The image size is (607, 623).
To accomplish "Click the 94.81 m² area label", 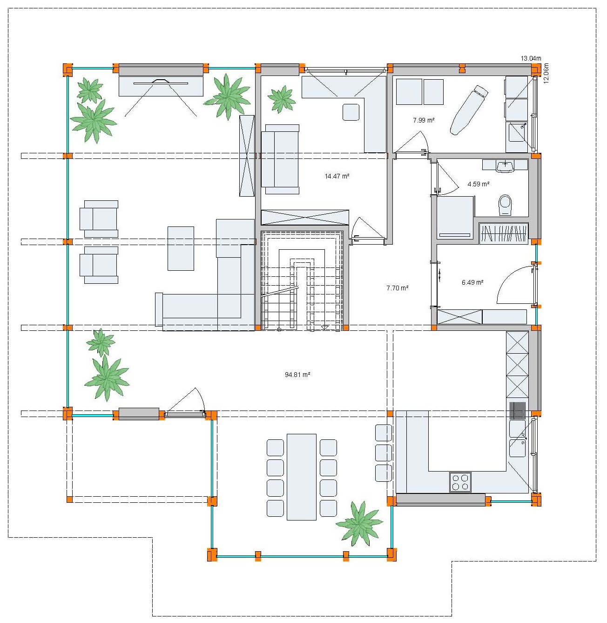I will pyautogui.click(x=297, y=375).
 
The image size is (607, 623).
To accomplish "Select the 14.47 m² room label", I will pyautogui.click(x=337, y=176).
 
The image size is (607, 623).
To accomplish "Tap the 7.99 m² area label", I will pyautogui.click(x=424, y=120).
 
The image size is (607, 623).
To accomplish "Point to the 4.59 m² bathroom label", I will pyautogui.click(x=478, y=184).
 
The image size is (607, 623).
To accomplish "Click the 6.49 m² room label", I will pyautogui.click(x=472, y=282).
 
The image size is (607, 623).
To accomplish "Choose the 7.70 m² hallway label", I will pyautogui.click(x=397, y=288).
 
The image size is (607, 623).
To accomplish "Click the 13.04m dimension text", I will pyautogui.click(x=531, y=58).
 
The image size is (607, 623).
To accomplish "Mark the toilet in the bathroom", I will pyautogui.click(x=505, y=205).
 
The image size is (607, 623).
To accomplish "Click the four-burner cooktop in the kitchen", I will pyautogui.click(x=460, y=482).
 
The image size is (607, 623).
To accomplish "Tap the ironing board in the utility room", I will pyautogui.click(x=468, y=110).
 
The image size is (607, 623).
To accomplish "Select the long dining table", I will pyautogui.click(x=302, y=477).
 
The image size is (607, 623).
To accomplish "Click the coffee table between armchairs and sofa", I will pyautogui.click(x=181, y=248).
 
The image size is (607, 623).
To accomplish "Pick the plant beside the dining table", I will pyautogui.click(x=360, y=523).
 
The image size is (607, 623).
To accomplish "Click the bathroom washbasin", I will pyautogui.click(x=505, y=165).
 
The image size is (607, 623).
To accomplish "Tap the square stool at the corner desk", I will pyautogui.click(x=351, y=112).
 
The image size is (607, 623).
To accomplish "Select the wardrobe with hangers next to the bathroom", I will pyautogui.click(x=504, y=233).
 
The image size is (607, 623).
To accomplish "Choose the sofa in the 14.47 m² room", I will pyautogui.click(x=280, y=159).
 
